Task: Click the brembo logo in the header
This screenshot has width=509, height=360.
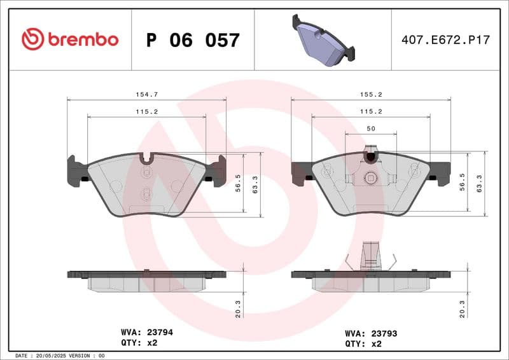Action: click(x=69, y=39)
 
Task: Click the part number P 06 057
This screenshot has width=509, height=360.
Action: click(x=193, y=40)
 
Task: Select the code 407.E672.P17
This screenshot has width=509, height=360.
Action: click(x=445, y=40)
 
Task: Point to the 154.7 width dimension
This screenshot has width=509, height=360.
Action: click(x=147, y=94)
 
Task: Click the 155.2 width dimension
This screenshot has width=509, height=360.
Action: click(x=371, y=94)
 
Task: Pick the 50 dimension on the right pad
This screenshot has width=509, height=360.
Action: click(x=371, y=128)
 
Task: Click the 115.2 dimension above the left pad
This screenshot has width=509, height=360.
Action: click(x=147, y=111)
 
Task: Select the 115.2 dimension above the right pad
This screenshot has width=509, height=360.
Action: click(x=371, y=111)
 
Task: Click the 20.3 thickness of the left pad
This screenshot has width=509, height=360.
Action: click(x=238, y=308)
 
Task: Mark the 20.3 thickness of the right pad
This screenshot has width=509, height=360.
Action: click(x=462, y=308)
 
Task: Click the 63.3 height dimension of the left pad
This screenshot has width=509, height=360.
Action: click(x=256, y=185)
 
